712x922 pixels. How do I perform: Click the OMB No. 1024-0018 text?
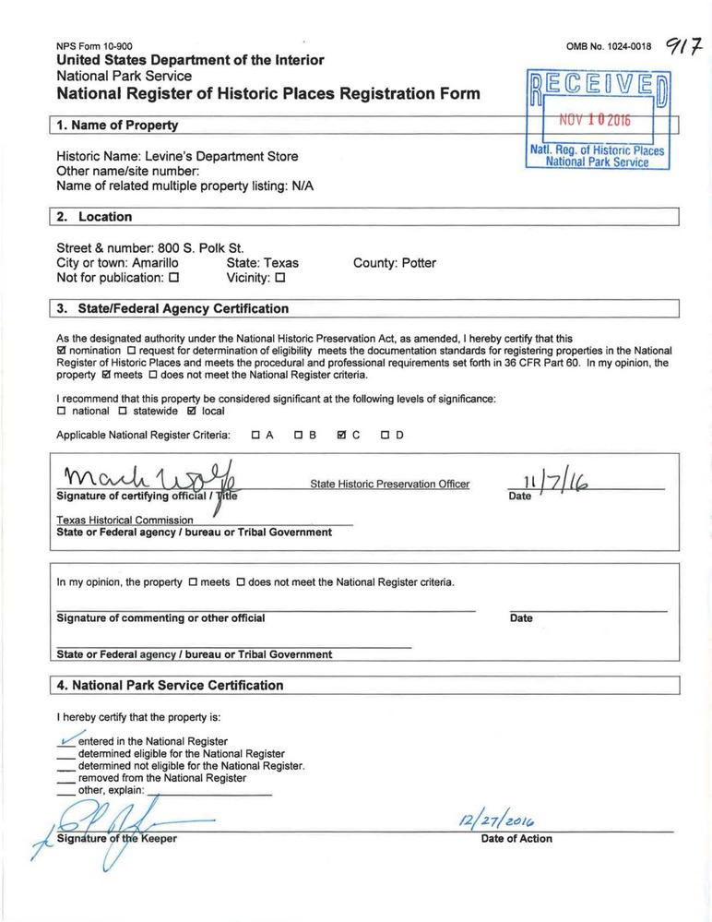[609, 46]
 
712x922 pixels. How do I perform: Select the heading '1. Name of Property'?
[117, 125]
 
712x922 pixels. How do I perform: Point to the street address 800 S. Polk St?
[200, 247]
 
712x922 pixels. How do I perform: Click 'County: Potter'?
[395, 263]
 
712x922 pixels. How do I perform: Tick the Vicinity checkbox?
[279, 278]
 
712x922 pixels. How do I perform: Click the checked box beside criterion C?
[341, 435]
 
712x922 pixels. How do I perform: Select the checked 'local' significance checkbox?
[192, 411]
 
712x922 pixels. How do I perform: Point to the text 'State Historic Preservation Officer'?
[389, 484]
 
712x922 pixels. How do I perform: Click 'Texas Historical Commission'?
[125, 520]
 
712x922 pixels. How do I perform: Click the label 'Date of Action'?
[516, 839]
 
